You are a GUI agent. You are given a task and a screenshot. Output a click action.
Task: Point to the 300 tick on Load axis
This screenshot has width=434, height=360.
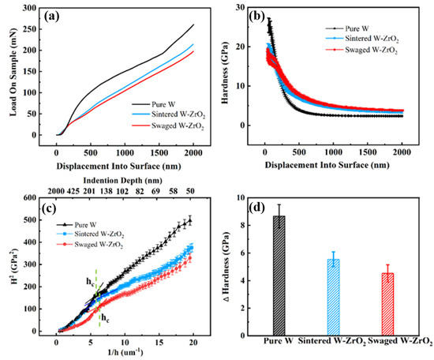[x=31, y=8]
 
